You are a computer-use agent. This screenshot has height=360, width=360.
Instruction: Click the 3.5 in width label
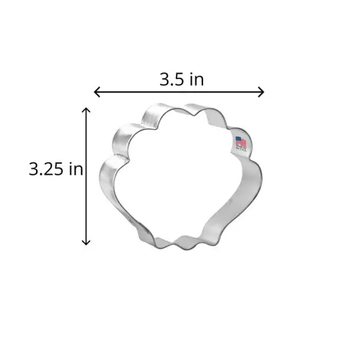click(x=181, y=80)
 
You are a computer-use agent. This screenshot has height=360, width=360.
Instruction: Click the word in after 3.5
click(x=196, y=80)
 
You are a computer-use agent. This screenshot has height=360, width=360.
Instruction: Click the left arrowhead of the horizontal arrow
click(x=98, y=92)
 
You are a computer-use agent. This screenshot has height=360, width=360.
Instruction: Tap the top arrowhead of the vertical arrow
click(x=86, y=111)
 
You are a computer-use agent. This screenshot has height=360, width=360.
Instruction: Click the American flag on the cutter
click(x=241, y=142)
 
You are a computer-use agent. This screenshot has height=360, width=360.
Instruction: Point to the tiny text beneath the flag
click(x=241, y=151)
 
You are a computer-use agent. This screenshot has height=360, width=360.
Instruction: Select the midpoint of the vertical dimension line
click(x=86, y=177)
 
